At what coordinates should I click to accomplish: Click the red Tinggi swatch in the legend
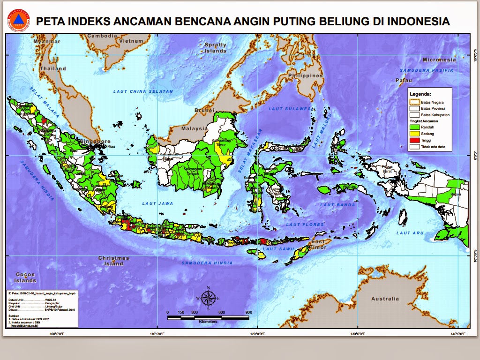click(x=414, y=140)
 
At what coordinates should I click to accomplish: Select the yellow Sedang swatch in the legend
click(x=414, y=134)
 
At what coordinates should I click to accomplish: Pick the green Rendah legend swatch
click(x=414, y=127)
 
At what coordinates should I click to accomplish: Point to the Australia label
click(x=385, y=299)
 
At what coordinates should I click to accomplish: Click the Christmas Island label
click(x=114, y=261)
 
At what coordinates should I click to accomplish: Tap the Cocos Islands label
click(x=25, y=277)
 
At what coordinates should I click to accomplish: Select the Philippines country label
click(x=306, y=75)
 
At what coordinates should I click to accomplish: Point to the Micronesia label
click(x=439, y=60)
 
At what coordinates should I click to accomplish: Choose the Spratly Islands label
click(x=215, y=47)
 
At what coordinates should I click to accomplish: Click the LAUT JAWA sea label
click(x=158, y=203)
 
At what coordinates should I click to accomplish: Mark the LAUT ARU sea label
click(x=410, y=233)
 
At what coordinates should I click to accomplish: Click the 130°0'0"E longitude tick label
click(x=358, y=334)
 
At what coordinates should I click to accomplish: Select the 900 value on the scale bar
click(x=248, y=312)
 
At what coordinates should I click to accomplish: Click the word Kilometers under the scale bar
click(x=208, y=322)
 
